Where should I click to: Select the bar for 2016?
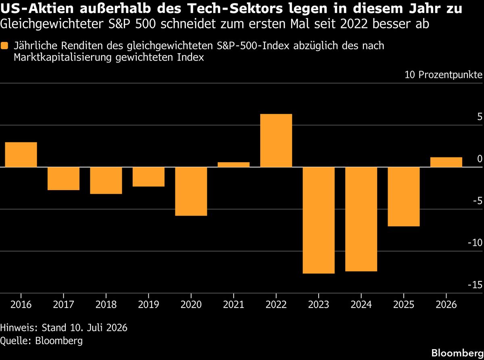click(x=21, y=155)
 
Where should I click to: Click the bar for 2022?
click(x=276, y=140)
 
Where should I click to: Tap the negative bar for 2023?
click(x=319, y=220)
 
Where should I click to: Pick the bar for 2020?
click(x=191, y=191)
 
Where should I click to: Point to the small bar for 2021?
click(x=234, y=165)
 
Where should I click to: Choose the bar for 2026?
click(x=446, y=162)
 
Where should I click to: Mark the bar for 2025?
click(x=404, y=197)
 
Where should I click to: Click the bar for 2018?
click(x=106, y=180)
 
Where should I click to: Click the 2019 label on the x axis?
click(x=148, y=305)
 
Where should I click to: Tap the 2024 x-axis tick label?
click(x=361, y=305)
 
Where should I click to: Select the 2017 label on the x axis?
click(x=63, y=305)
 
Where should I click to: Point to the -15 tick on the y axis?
click(x=475, y=285)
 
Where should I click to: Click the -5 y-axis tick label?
click(x=478, y=201)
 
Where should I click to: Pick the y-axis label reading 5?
click(x=480, y=117)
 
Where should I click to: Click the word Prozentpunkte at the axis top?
click(x=451, y=75)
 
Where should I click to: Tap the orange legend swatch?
click(x=4, y=46)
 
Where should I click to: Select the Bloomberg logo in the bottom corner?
click(x=458, y=353)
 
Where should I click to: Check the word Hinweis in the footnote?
click(x=19, y=328)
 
